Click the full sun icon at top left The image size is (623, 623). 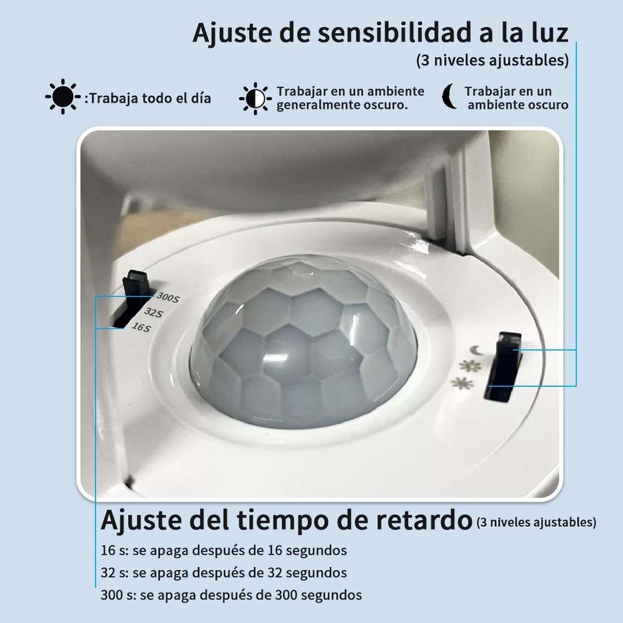(62, 97)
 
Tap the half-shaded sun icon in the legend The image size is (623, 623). (254, 99)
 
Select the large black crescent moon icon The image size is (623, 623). (449, 97)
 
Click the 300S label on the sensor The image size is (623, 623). (167, 298)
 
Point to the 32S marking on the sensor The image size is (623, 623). (153, 313)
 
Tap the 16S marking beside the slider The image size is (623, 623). (140, 327)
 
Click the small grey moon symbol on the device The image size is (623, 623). (476, 350)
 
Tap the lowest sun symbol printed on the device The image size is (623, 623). (463, 383)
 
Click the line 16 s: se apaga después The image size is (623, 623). (224, 550)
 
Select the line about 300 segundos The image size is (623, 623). (231, 595)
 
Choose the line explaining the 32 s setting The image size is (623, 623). (224, 573)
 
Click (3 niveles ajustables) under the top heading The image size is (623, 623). (493, 61)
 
